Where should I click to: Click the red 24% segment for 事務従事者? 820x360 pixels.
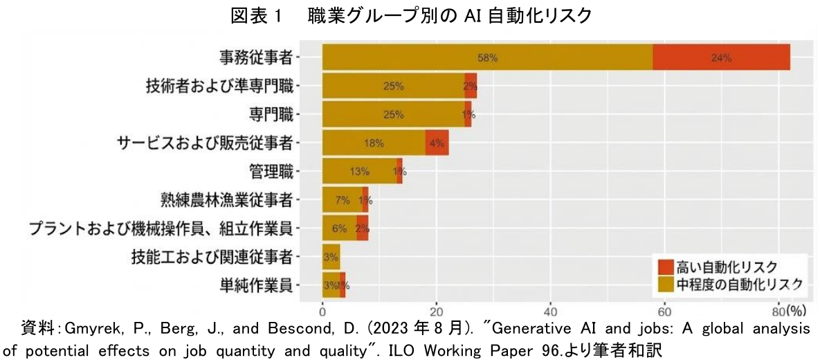(x=721, y=57)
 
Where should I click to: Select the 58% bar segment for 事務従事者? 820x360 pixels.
(x=487, y=57)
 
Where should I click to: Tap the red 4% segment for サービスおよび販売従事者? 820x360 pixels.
(x=437, y=143)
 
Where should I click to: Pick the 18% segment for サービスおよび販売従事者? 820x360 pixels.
(x=374, y=143)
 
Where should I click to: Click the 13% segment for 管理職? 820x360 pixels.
(x=359, y=172)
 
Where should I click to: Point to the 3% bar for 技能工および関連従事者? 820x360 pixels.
(x=331, y=257)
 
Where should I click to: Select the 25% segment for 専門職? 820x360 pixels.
(x=393, y=114)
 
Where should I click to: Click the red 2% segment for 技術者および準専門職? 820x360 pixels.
(x=471, y=86)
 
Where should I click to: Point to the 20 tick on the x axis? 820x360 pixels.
(x=437, y=309)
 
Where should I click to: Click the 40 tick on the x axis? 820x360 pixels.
(x=550, y=309)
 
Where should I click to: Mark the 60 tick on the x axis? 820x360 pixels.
(x=664, y=309)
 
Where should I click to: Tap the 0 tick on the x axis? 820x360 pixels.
(x=322, y=309)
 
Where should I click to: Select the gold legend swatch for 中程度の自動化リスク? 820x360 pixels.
(x=666, y=282)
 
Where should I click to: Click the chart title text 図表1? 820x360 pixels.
(x=257, y=15)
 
